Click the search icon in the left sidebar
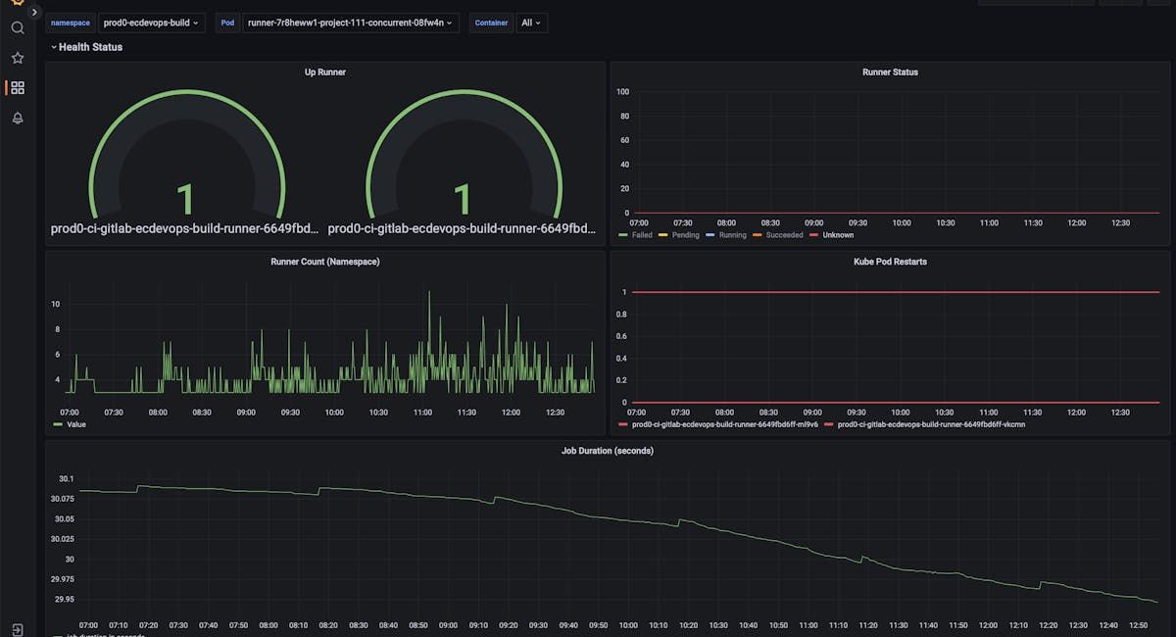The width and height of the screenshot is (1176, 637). pyautogui.click(x=18, y=27)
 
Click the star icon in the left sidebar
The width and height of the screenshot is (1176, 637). pyautogui.click(x=18, y=58)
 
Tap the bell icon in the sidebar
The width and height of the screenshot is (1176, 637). pyautogui.click(x=18, y=118)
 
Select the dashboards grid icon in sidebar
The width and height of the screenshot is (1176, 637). pyautogui.click(x=18, y=88)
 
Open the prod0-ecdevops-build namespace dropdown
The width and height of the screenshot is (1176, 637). pyautogui.click(x=152, y=23)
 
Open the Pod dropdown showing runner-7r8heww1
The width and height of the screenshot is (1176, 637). pyautogui.click(x=351, y=23)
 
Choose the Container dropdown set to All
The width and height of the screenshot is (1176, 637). pyautogui.click(x=530, y=23)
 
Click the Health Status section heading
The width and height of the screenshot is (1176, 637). pyautogui.click(x=90, y=47)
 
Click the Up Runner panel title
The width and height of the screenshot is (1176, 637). pyautogui.click(x=324, y=72)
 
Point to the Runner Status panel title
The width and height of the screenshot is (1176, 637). pyautogui.click(x=890, y=72)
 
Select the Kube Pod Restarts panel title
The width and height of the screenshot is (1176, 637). pyautogui.click(x=890, y=262)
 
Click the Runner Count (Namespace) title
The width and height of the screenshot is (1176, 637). pyautogui.click(x=324, y=262)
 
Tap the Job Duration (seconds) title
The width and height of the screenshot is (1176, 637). pyautogui.click(x=608, y=451)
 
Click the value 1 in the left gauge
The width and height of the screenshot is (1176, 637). pyautogui.click(x=185, y=200)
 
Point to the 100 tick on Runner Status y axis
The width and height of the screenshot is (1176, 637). pyautogui.click(x=622, y=92)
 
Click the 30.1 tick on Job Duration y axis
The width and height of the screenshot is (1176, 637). pyautogui.click(x=66, y=479)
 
